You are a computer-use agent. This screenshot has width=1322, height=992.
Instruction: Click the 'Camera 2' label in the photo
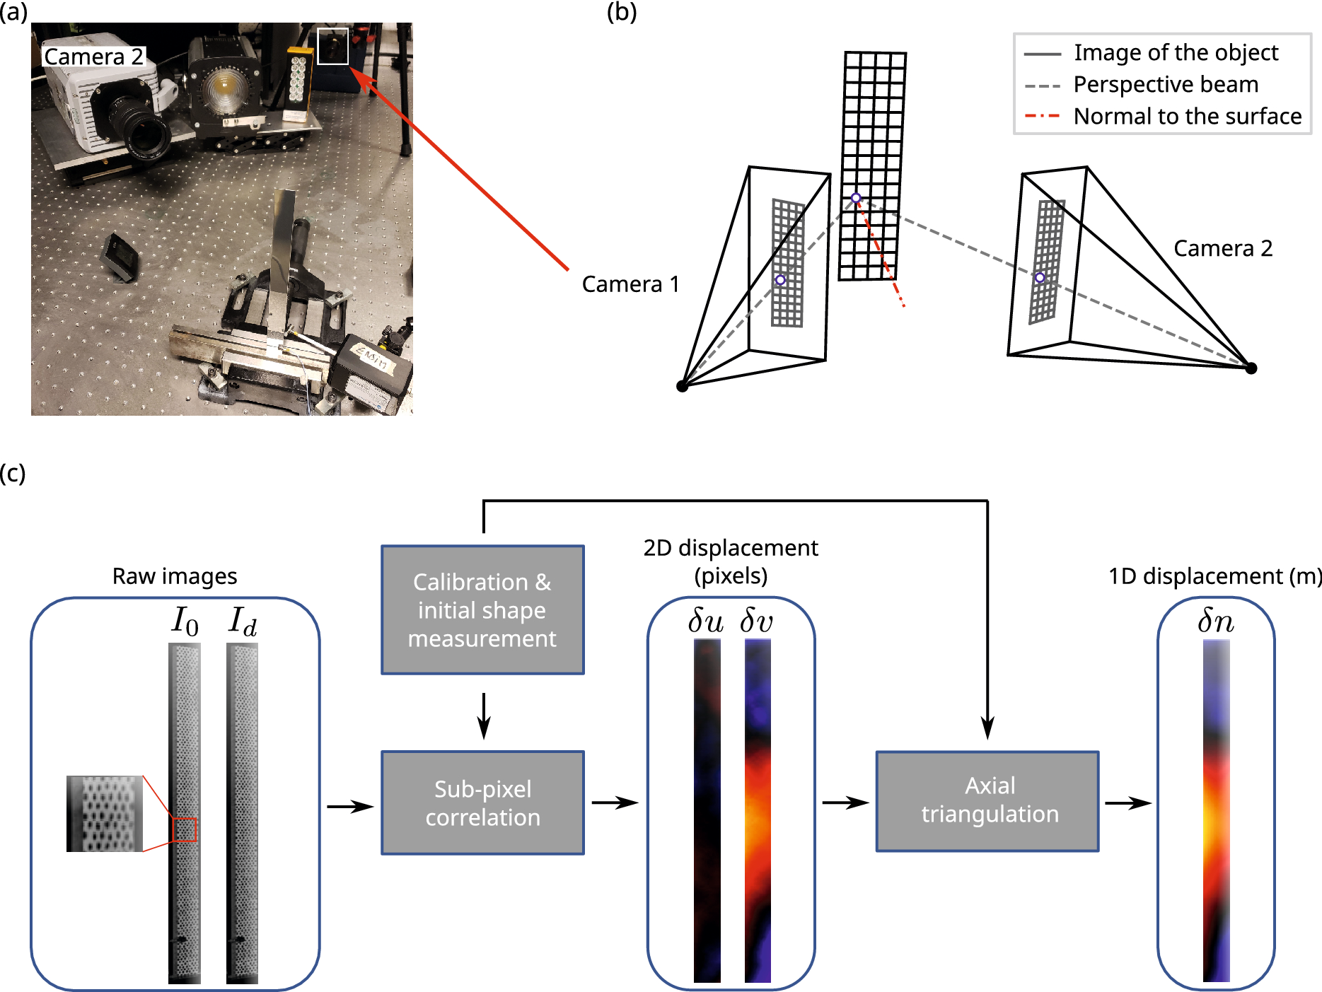(x=93, y=57)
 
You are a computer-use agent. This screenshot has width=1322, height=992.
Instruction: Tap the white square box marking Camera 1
(x=332, y=46)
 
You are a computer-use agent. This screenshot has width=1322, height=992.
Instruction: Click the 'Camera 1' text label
(x=630, y=284)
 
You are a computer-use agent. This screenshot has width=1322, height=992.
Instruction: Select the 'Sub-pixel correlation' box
(x=482, y=803)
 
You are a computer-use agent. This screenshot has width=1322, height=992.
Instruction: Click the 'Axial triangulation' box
(x=987, y=800)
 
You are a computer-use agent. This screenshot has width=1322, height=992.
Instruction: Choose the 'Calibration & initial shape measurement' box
(x=482, y=609)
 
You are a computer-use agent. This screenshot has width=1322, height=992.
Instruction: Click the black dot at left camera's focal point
(x=682, y=385)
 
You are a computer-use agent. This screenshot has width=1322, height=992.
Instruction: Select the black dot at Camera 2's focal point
(x=1251, y=368)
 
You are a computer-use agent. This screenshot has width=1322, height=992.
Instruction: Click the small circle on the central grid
(x=856, y=198)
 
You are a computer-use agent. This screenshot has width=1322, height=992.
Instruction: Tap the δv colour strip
(x=758, y=810)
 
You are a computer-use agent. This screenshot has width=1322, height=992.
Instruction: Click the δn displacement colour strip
(x=1216, y=810)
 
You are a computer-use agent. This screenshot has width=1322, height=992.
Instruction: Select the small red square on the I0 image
(x=185, y=829)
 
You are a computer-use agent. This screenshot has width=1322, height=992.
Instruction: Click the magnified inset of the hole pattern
(x=105, y=813)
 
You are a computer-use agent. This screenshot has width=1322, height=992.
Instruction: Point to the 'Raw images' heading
(x=175, y=576)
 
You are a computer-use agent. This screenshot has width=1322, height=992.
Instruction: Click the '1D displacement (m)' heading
(x=1214, y=576)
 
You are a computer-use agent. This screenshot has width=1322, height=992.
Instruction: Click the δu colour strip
(x=707, y=810)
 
